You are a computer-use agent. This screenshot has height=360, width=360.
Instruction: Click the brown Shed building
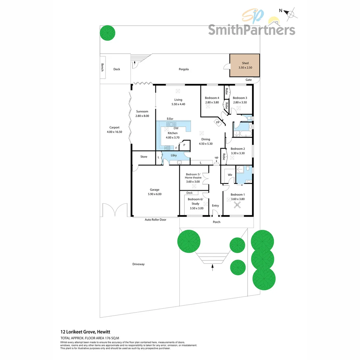pyautogui.click(x=245, y=65)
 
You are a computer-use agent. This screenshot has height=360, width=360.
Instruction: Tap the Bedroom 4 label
pyautogui.click(x=212, y=98)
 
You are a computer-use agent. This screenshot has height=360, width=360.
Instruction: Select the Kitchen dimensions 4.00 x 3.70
pyautogui.click(x=173, y=137)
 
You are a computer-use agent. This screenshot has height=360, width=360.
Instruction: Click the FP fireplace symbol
pyautogui.click(x=218, y=122)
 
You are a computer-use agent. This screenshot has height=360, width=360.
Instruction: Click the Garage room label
pyautogui.click(x=155, y=190)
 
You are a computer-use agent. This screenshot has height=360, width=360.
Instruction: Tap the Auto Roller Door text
pyautogui.click(x=155, y=220)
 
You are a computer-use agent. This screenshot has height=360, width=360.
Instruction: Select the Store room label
pyautogui.click(x=144, y=157)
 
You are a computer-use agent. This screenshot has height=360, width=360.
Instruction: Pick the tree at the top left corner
pyautogui.click(x=108, y=33)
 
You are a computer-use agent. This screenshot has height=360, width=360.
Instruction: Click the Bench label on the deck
pyautogui.click(x=103, y=69)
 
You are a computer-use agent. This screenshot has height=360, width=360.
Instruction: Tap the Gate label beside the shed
pyautogui.click(x=249, y=80)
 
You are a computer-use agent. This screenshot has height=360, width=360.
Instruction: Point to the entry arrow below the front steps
pyautogui.click(x=212, y=266)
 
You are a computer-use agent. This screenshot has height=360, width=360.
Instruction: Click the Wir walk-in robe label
pyautogui.click(x=230, y=175)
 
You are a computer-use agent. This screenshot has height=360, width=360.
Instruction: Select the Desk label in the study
pyautogui.click(x=189, y=193)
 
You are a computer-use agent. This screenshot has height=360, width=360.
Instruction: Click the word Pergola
pyautogui.click(x=183, y=69)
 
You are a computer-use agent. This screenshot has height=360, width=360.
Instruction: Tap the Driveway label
pyautogui.click(x=138, y=264)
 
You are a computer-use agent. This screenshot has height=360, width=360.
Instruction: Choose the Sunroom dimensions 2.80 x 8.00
pyautogui.click(x=142, y=116)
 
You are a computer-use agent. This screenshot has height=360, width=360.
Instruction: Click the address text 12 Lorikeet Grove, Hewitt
pyautogui.click(x=85, y=332)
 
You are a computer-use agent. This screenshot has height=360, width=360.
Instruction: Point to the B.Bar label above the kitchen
pyautogui.click(x=170, y=119)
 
